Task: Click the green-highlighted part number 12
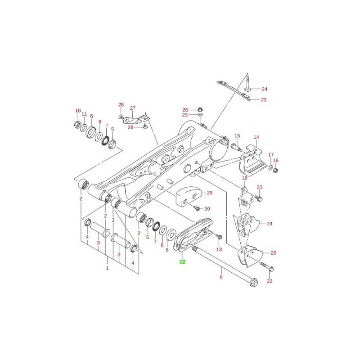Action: (182, 261)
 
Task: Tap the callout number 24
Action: (265, 89)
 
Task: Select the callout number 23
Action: (264, 99)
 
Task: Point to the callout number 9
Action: (221, 277)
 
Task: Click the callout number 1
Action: (107, 268)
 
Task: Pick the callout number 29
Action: (210, 193)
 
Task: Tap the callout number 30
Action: (207, 209)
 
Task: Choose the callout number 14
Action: (256, 137)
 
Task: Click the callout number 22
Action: (270, 281)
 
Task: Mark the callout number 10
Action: (78, 111)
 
